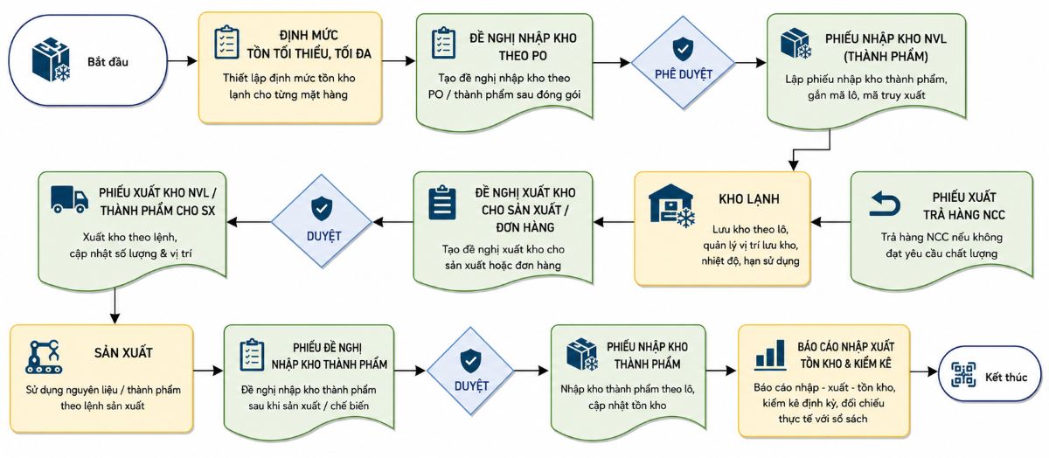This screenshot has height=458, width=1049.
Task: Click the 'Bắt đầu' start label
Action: tap(108, 62)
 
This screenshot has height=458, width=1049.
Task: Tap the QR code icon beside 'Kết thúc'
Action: tap(963, 374)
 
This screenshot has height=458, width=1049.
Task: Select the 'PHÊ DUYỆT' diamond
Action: tap(683, 63)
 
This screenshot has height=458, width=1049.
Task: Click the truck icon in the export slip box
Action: tap(69, 199)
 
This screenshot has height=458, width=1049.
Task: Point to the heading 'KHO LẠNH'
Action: tap(749, 199)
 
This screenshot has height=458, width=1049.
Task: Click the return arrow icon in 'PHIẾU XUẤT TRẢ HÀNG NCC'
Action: tap(885, 204)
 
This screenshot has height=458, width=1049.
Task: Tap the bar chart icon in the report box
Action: tap(770, 355)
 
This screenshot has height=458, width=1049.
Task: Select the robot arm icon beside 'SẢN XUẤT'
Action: tap(44, 357)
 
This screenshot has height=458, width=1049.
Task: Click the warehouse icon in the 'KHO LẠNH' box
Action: tap(671, 205)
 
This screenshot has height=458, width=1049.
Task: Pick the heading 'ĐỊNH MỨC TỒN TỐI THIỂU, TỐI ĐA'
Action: tap(309, 45)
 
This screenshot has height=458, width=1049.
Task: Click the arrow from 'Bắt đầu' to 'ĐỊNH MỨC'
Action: tap(182, 61)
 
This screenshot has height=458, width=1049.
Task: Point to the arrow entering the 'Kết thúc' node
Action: tap(925, 371)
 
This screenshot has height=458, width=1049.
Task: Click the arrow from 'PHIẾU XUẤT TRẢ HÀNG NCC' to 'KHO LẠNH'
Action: tap(830, 221)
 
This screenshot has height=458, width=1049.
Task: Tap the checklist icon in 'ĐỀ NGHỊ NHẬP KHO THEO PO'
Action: tap(443, 43)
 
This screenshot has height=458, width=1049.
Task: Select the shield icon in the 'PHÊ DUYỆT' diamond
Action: tap(683, 48)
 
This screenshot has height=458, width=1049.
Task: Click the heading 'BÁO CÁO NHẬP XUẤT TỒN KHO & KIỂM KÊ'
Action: tap(846, 356)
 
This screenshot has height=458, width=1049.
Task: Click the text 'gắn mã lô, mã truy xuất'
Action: tap(866, 95)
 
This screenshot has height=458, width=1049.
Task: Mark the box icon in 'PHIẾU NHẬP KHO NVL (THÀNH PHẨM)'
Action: tap(795, 44)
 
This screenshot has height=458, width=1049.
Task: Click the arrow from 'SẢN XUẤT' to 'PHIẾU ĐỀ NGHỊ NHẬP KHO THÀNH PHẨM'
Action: tap(208, 371)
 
